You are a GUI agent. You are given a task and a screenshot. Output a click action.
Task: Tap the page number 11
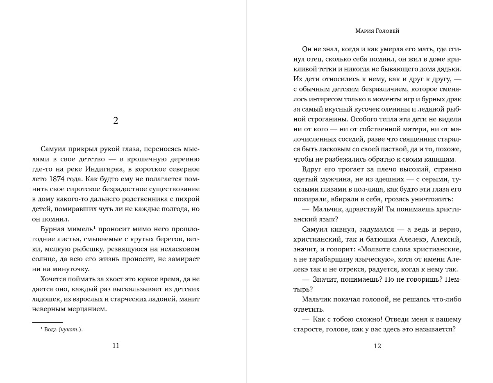click(x=116, y=345)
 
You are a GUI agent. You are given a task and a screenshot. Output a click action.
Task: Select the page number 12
click(x=377, y=346)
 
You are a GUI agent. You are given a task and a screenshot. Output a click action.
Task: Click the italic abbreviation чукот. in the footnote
click(x=71, y=329)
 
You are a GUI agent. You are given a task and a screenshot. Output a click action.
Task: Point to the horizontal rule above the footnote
click(x=47, y=322)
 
